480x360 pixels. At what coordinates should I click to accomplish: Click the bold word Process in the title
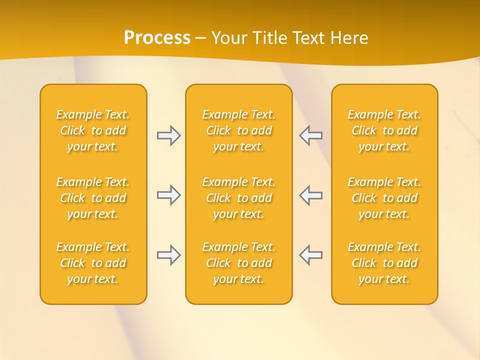coord(157,37)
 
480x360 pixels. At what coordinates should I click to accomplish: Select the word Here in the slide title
coord(348,37)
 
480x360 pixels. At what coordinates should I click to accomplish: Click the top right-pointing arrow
coord(168,135)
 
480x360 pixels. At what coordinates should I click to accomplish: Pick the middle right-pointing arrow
coord(168,195)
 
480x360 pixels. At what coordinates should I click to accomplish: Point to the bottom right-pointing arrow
coord(168,255)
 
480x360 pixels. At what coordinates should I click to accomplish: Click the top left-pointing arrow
coord(311,135)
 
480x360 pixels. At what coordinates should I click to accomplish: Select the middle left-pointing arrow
coord(311,195)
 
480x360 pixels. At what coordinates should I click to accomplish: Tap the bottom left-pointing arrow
coord(311,255)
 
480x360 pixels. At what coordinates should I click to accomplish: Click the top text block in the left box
coord(93,130)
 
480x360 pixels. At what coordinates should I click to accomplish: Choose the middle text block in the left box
coord(93,198)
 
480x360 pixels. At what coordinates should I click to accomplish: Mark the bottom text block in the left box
coord(93,263)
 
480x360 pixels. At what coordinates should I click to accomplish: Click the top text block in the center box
coord(238,130)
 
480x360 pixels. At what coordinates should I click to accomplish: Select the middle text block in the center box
coord(238,198)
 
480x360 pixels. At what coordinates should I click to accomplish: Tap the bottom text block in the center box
coord(238,263)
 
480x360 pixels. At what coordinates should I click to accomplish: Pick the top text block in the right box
coord(384,130)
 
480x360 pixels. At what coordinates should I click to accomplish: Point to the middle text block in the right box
coord(384,198)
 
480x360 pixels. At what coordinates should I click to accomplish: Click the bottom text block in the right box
coord(384,263)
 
